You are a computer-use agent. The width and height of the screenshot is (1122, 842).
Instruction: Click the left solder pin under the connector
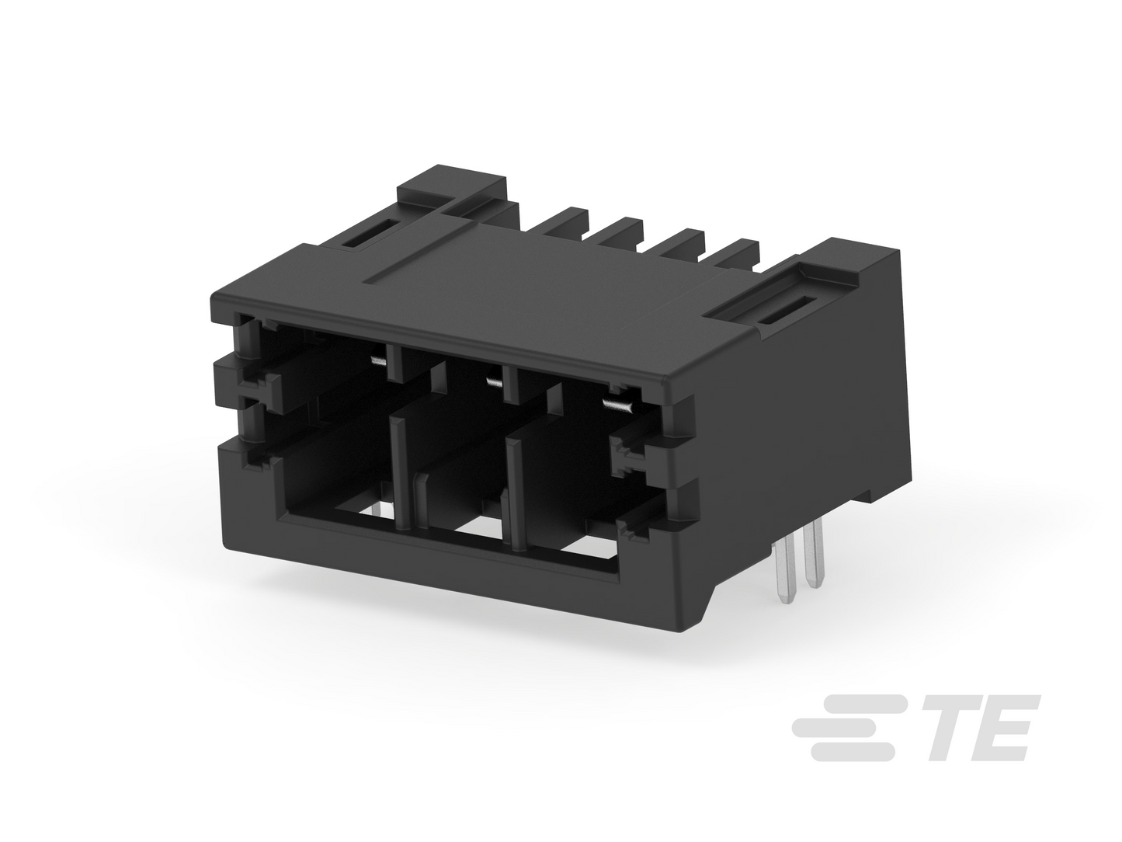tap(785, 573)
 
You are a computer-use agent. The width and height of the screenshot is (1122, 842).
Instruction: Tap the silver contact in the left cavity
tap(377, 361)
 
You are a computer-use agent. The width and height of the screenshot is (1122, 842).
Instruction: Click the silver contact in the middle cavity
tap(495, 381)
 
